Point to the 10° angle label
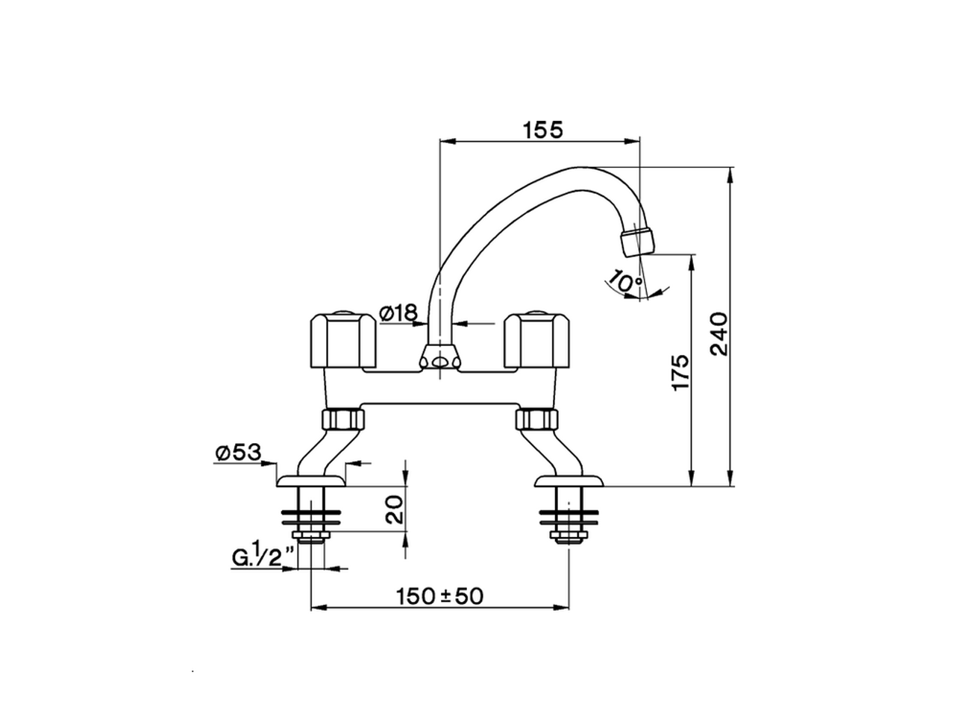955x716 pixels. (625, 282)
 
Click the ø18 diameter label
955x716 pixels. (398, 314)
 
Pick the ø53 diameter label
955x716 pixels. (237, 452)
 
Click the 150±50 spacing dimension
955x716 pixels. (439, 596)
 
